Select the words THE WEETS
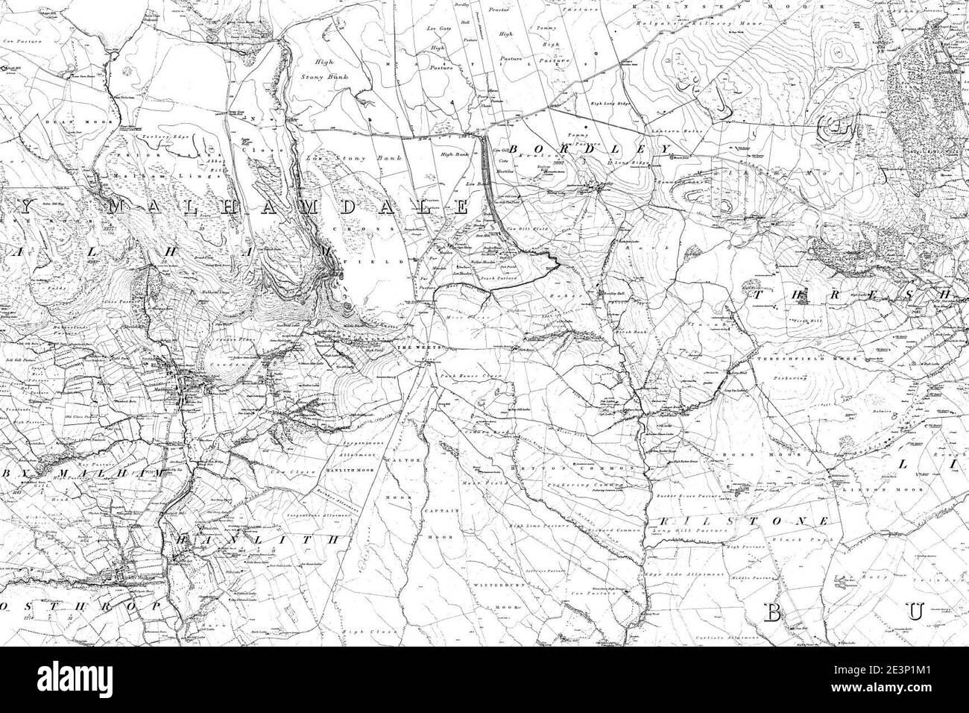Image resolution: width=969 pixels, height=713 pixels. coord(412,349)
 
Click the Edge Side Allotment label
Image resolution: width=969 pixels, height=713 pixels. coord(692,574)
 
